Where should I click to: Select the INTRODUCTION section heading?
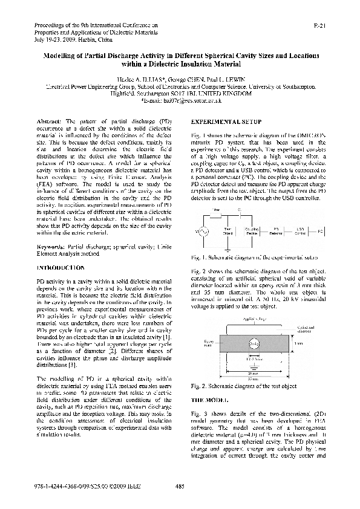(60, 267)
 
